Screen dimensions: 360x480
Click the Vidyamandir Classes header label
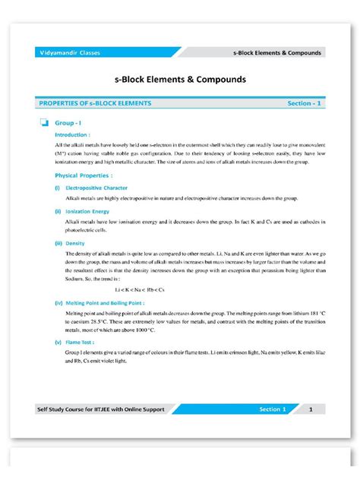[70, 52]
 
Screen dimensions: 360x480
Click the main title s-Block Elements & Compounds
[179, 78]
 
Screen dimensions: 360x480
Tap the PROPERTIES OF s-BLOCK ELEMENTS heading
[95, 103]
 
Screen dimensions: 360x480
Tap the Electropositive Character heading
[96, 187]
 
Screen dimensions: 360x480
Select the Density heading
[74, 243]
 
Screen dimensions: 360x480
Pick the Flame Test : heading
[81, 343]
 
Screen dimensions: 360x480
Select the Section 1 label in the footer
[272, 409]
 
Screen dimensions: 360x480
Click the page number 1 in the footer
[311, 409]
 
